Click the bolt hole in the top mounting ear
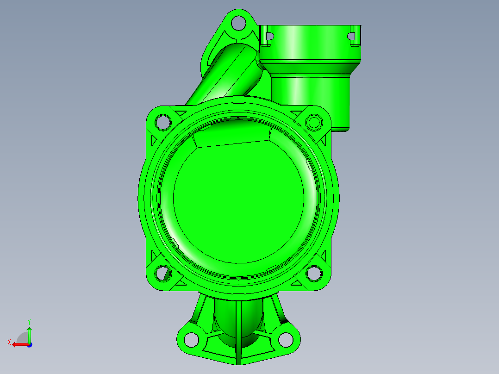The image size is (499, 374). pos(238,22)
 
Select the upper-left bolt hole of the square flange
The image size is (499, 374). pos(163,122)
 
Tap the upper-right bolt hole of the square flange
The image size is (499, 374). pos(314,122)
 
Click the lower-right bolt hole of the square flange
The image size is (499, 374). pos(314,273)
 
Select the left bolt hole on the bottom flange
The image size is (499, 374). pos(191,340)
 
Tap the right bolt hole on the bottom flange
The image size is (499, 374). pos(286,340)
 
